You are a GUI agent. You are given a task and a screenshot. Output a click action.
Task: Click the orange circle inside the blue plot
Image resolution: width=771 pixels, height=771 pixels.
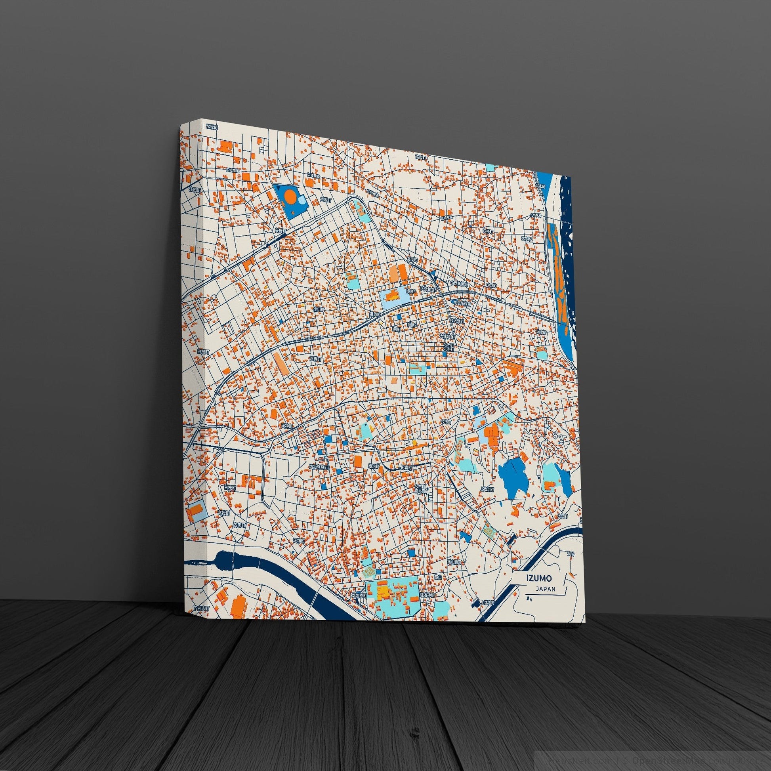[x=291, y=196]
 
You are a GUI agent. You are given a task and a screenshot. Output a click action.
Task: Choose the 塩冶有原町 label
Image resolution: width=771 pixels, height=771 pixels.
[x=318, y=467]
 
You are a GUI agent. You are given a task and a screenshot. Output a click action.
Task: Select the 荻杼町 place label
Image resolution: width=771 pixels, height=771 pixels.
[x=488, y=231]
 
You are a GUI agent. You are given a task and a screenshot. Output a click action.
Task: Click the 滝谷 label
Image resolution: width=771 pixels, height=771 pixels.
[x=571, y=554]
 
